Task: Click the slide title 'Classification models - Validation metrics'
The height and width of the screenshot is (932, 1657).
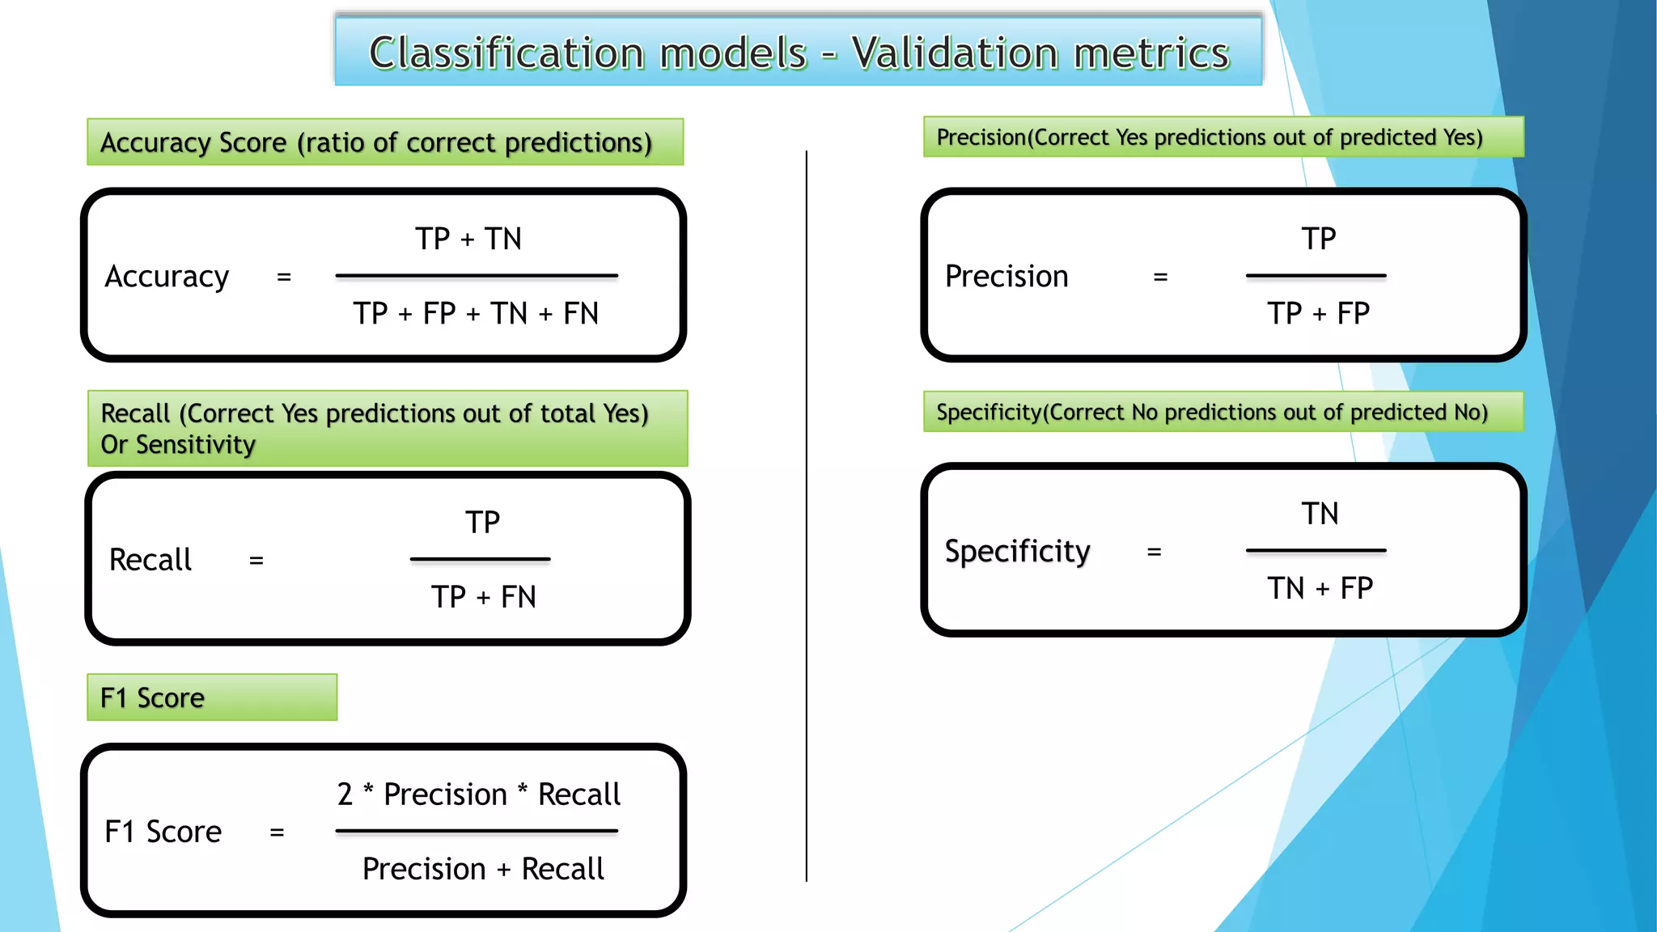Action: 799,53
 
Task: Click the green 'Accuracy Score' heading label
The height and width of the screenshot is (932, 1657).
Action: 375,142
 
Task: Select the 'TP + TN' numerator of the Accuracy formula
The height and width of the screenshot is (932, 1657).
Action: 468,239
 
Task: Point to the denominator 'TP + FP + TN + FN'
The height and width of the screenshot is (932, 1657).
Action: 476,313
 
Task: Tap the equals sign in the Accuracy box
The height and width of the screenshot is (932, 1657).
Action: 284,277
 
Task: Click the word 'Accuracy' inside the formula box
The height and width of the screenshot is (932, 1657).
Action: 167,277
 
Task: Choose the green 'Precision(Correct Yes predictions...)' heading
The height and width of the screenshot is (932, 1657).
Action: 1209,138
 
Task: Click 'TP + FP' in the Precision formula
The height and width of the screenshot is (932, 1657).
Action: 1318,313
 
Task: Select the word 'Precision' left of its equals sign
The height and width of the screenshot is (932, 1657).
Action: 1006,277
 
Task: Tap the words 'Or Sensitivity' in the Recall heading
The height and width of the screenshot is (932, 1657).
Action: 178,445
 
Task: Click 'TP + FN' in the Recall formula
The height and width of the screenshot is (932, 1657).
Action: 483,597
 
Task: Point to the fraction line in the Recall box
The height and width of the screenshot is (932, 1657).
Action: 480,559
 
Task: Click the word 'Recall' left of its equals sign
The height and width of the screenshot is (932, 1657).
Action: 150,560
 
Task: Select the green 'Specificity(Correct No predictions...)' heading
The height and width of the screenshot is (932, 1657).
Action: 1211,413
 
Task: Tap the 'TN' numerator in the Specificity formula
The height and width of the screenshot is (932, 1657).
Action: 1320,514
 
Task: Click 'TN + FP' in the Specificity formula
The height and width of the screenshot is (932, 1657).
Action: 1320,588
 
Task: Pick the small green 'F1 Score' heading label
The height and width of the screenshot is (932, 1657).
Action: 153,697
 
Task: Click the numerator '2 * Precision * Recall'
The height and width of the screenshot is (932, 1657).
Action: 478,794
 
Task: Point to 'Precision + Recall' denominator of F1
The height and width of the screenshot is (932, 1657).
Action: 483,869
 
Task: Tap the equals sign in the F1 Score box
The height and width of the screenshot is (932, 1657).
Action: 277,832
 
